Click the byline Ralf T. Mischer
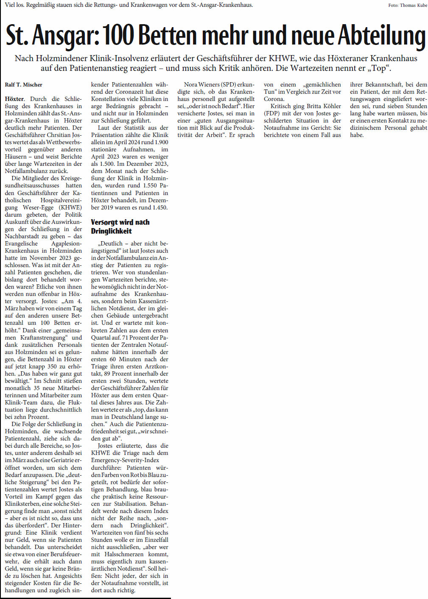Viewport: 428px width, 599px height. click(x=24, y=85)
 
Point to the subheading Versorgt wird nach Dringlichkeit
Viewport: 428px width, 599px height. click(x=120, y=227)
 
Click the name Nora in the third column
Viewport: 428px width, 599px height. click(x=191, y=85)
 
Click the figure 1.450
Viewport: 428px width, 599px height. click(x=159, y=208)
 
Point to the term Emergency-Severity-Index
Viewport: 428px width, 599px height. click(x=125, y=460)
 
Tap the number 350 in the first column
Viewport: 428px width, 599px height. click(x=52, y=367)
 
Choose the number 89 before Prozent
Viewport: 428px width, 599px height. click(x=108, y=374)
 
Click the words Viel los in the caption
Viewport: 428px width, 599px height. click(x=14, y=5)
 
